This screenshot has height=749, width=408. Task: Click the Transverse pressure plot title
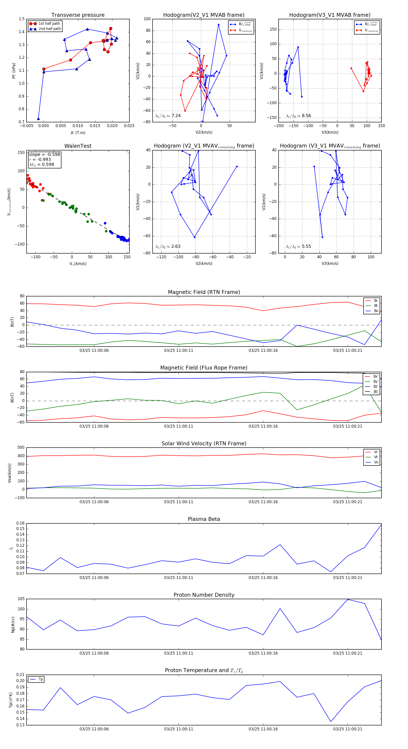click(x=78, y=15)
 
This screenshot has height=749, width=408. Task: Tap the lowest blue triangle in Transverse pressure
click(x=38, y=119)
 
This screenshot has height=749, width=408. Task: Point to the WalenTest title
click(x=78, y=146)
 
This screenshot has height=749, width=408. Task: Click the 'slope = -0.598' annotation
click(x=44, y=154)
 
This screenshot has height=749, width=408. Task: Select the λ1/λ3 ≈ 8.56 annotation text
click(x=298, y=116)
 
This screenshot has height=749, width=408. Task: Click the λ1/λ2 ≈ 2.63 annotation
click(x=168, y=246)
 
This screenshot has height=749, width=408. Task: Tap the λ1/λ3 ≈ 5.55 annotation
click(x=298, y=246)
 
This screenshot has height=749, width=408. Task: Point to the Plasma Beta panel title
click(x=204, y=519)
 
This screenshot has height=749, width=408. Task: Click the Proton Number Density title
click(x=204, y=595)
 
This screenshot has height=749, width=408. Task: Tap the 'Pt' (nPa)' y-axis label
click(x=14, y=71)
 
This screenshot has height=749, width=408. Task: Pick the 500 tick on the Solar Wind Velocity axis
click(x=21, y=448)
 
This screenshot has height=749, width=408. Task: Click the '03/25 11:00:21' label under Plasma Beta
click(x=348, y=578)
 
